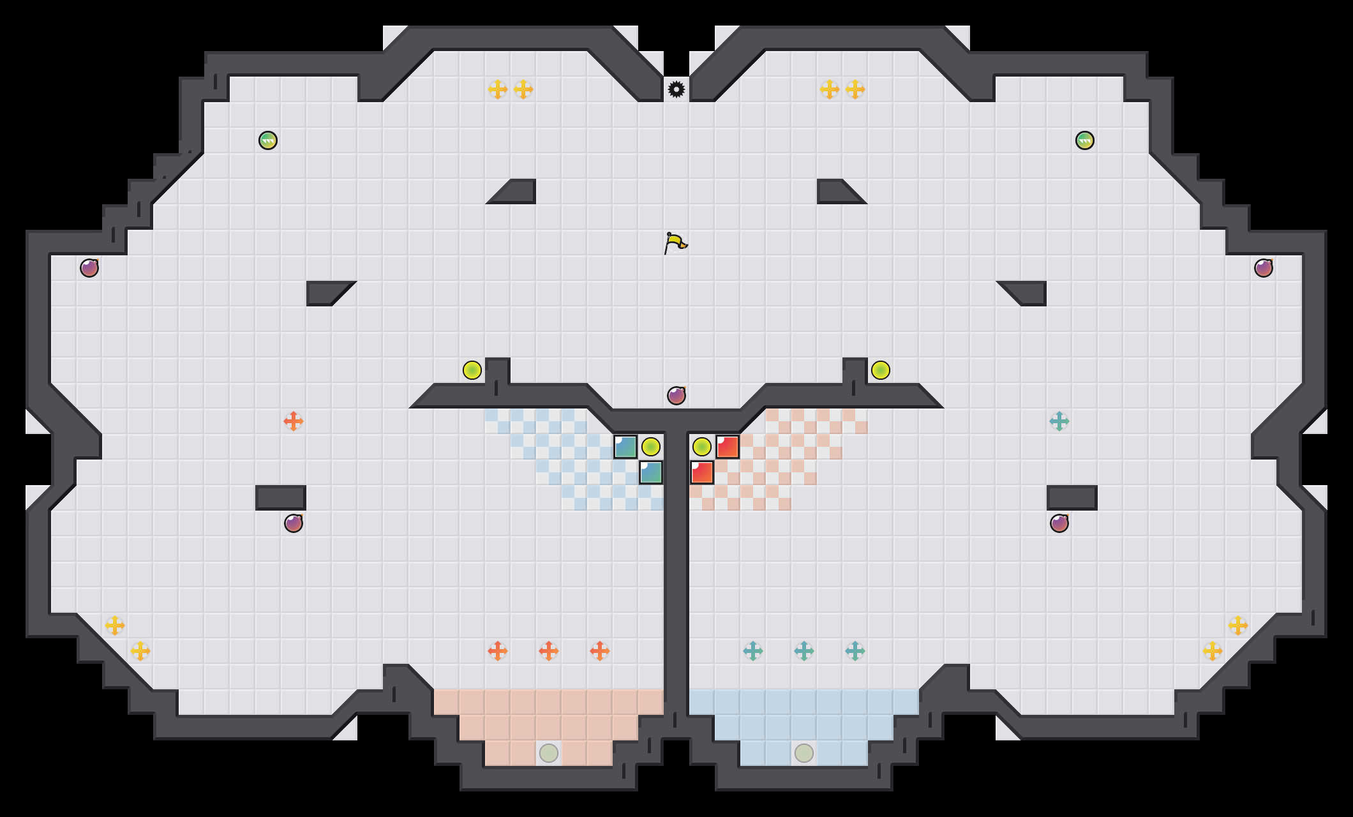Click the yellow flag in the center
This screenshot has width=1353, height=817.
675,243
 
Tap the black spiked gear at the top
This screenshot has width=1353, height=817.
676,89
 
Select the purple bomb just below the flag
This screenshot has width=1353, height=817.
676,396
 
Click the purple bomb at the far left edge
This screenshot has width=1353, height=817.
89,268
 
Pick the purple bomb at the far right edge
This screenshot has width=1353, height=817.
1264,268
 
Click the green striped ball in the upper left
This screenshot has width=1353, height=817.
268,140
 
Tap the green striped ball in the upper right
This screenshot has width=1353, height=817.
1085,140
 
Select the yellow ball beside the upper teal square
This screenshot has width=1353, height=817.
651,447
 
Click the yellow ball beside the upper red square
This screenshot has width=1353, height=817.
702,447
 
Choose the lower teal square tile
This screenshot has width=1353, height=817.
651,472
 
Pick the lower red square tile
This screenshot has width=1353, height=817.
702,472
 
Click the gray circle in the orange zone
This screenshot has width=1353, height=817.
549,753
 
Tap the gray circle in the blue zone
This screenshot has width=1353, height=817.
804,753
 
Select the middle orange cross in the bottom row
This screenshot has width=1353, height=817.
549,651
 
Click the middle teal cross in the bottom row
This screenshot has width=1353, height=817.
804,651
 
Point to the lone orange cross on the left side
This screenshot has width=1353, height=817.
294,421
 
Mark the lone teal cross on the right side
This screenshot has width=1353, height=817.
1059,421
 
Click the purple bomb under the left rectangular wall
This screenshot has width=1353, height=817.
294,523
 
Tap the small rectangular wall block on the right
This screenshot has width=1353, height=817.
1072,498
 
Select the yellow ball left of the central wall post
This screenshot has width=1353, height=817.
472,370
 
